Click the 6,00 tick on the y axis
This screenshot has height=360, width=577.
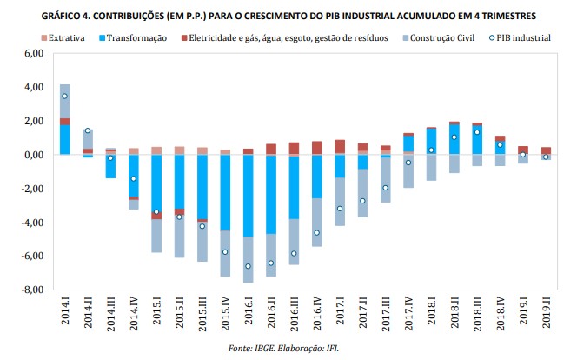32,54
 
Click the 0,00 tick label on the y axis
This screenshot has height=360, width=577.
32,156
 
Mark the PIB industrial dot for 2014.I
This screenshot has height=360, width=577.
65,96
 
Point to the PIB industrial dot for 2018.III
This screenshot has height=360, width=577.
477,132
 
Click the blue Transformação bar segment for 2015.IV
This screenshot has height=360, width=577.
224,191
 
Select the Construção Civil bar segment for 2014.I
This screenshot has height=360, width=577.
65,101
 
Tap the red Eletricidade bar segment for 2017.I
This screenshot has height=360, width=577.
339,147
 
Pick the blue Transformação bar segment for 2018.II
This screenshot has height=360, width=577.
454,140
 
